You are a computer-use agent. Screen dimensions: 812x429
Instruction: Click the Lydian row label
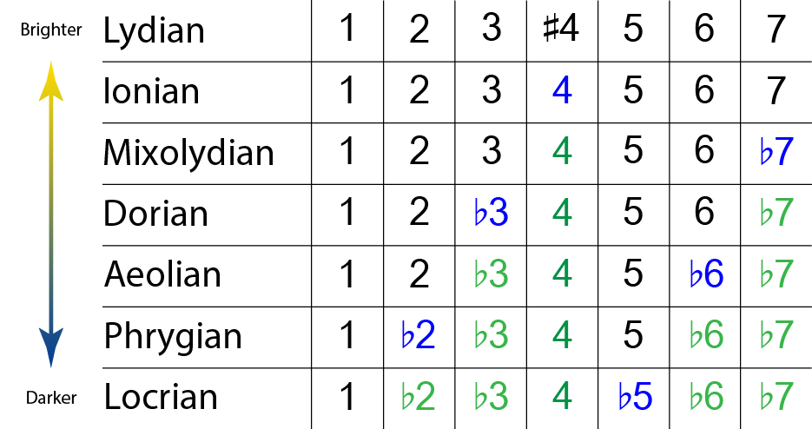tap(154, 31)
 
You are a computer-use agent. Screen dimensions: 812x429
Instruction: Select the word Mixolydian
tap(188, 153)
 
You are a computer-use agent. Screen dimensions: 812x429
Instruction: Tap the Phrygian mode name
tap(173, 337)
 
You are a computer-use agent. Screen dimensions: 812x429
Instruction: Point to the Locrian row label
tap(161, 398)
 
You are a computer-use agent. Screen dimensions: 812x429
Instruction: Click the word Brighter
tap(50, 30)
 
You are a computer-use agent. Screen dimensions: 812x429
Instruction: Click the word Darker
tap(51, 398)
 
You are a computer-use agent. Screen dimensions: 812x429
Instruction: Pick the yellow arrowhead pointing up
tap(50, 82)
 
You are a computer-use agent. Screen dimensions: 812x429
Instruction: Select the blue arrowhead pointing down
tap(50, 347)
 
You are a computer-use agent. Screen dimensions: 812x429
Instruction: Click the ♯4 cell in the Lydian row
tap(561, 29)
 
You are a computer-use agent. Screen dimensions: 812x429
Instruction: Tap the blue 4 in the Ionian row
tap(562, 90)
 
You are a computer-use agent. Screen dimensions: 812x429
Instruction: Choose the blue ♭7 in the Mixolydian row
tap(776, 151)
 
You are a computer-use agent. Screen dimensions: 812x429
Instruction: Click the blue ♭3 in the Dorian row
tap(491, 213)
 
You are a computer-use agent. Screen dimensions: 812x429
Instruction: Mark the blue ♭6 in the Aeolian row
tap(706, 274)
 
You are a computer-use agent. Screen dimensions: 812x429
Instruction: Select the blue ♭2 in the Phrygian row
tap(418, 334)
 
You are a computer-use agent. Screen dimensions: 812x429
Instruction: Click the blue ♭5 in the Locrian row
tap(634, 396)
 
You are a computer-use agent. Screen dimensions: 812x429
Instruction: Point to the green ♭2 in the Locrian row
tap(418, 396)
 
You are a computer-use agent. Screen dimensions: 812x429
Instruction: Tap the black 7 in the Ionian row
tap(776, 90)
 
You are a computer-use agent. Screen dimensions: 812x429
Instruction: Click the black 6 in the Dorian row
tap(704, 213)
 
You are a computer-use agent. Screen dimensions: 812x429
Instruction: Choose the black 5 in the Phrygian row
tap(633, 334)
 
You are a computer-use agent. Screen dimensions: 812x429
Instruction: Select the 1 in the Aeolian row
tap(347, 274)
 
